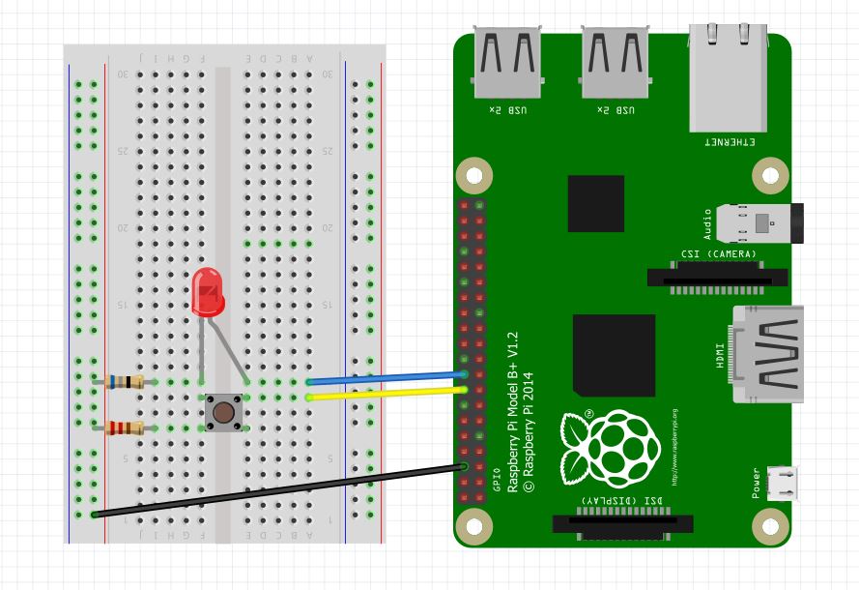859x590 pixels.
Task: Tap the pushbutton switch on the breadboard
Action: tap(223, 413)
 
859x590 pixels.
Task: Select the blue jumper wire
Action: tap(387, 377)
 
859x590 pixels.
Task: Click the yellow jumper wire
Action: tap(387, 392)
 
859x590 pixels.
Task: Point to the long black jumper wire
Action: tap(280, 490)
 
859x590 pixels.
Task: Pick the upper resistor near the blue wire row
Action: tap(125, 382)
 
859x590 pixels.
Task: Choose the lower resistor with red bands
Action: tap(125, 428)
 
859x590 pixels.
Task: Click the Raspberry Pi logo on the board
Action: tap(610, 447)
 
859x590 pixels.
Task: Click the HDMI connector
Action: tap(769, 354)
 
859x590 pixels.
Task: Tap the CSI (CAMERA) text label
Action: tap(718, 254)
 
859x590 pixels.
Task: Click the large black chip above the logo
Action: tap(614, 354)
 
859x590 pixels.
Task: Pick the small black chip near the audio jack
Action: tap(595, 203)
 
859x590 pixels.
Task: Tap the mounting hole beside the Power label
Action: tap(769, 527)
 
